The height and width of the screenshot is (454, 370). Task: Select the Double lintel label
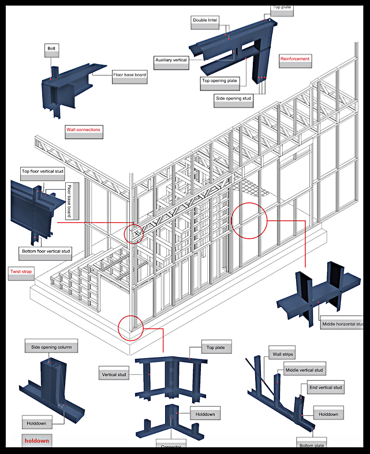coord(205,21)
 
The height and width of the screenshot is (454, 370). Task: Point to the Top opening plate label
coord(219,81)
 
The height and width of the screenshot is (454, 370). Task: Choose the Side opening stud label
coord(234,98)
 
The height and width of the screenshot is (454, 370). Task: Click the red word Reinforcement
coord(295,59)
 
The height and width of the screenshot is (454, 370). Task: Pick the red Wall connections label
coord(84,130)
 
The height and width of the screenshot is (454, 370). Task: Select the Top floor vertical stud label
coord(43,171)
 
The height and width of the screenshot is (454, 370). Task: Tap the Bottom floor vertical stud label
coord(46,251)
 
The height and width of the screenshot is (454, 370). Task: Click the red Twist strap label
coord(21,271)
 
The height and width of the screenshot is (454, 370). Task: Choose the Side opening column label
coord(51,347)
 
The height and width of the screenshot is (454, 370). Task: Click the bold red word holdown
coord(37,441)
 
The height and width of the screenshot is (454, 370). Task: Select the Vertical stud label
coord(114,375)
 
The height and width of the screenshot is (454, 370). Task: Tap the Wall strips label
coord(280,354)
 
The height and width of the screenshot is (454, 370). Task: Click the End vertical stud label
coord(326,388)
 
